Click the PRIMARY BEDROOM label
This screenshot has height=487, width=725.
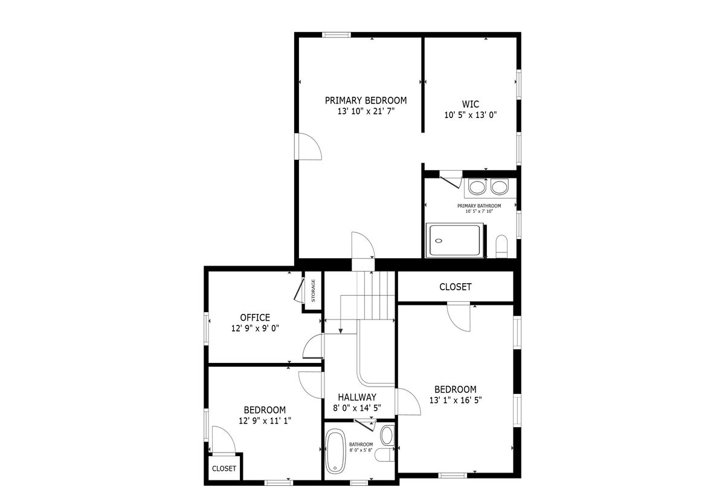click(x=366, y=100)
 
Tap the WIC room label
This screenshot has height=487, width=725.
click(x=470, y=104)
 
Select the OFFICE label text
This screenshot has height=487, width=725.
click(x=255, y=318)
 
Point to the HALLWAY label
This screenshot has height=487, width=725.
click(x=357, y=397)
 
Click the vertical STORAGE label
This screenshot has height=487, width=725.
click(x=314, y=290)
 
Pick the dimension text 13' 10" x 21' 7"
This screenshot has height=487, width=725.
click(x=366, y=111)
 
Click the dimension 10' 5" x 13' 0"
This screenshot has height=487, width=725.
click(x=470, y=115)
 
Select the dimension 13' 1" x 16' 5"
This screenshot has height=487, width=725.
click(x=456, y=400)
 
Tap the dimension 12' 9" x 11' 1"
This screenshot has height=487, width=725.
click(x=265, y=421)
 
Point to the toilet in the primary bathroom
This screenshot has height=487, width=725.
click(x=501, y=246)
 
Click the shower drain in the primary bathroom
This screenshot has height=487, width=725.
click(x=439, y=241)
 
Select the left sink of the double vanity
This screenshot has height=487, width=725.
click(x=477, y=188)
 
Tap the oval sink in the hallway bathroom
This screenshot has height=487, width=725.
click(x=387, y=436)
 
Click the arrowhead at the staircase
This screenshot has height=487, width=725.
click(x=341, y=331)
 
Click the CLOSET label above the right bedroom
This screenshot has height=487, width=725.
click(x=456, y=287)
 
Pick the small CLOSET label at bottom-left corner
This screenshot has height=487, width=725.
click(x=224, y=468)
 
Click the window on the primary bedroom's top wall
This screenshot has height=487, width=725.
click(x=337, y=34)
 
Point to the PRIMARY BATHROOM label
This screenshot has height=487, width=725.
click(x=479, y=206)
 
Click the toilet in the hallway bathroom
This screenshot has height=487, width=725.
click(x=385, y=454)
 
